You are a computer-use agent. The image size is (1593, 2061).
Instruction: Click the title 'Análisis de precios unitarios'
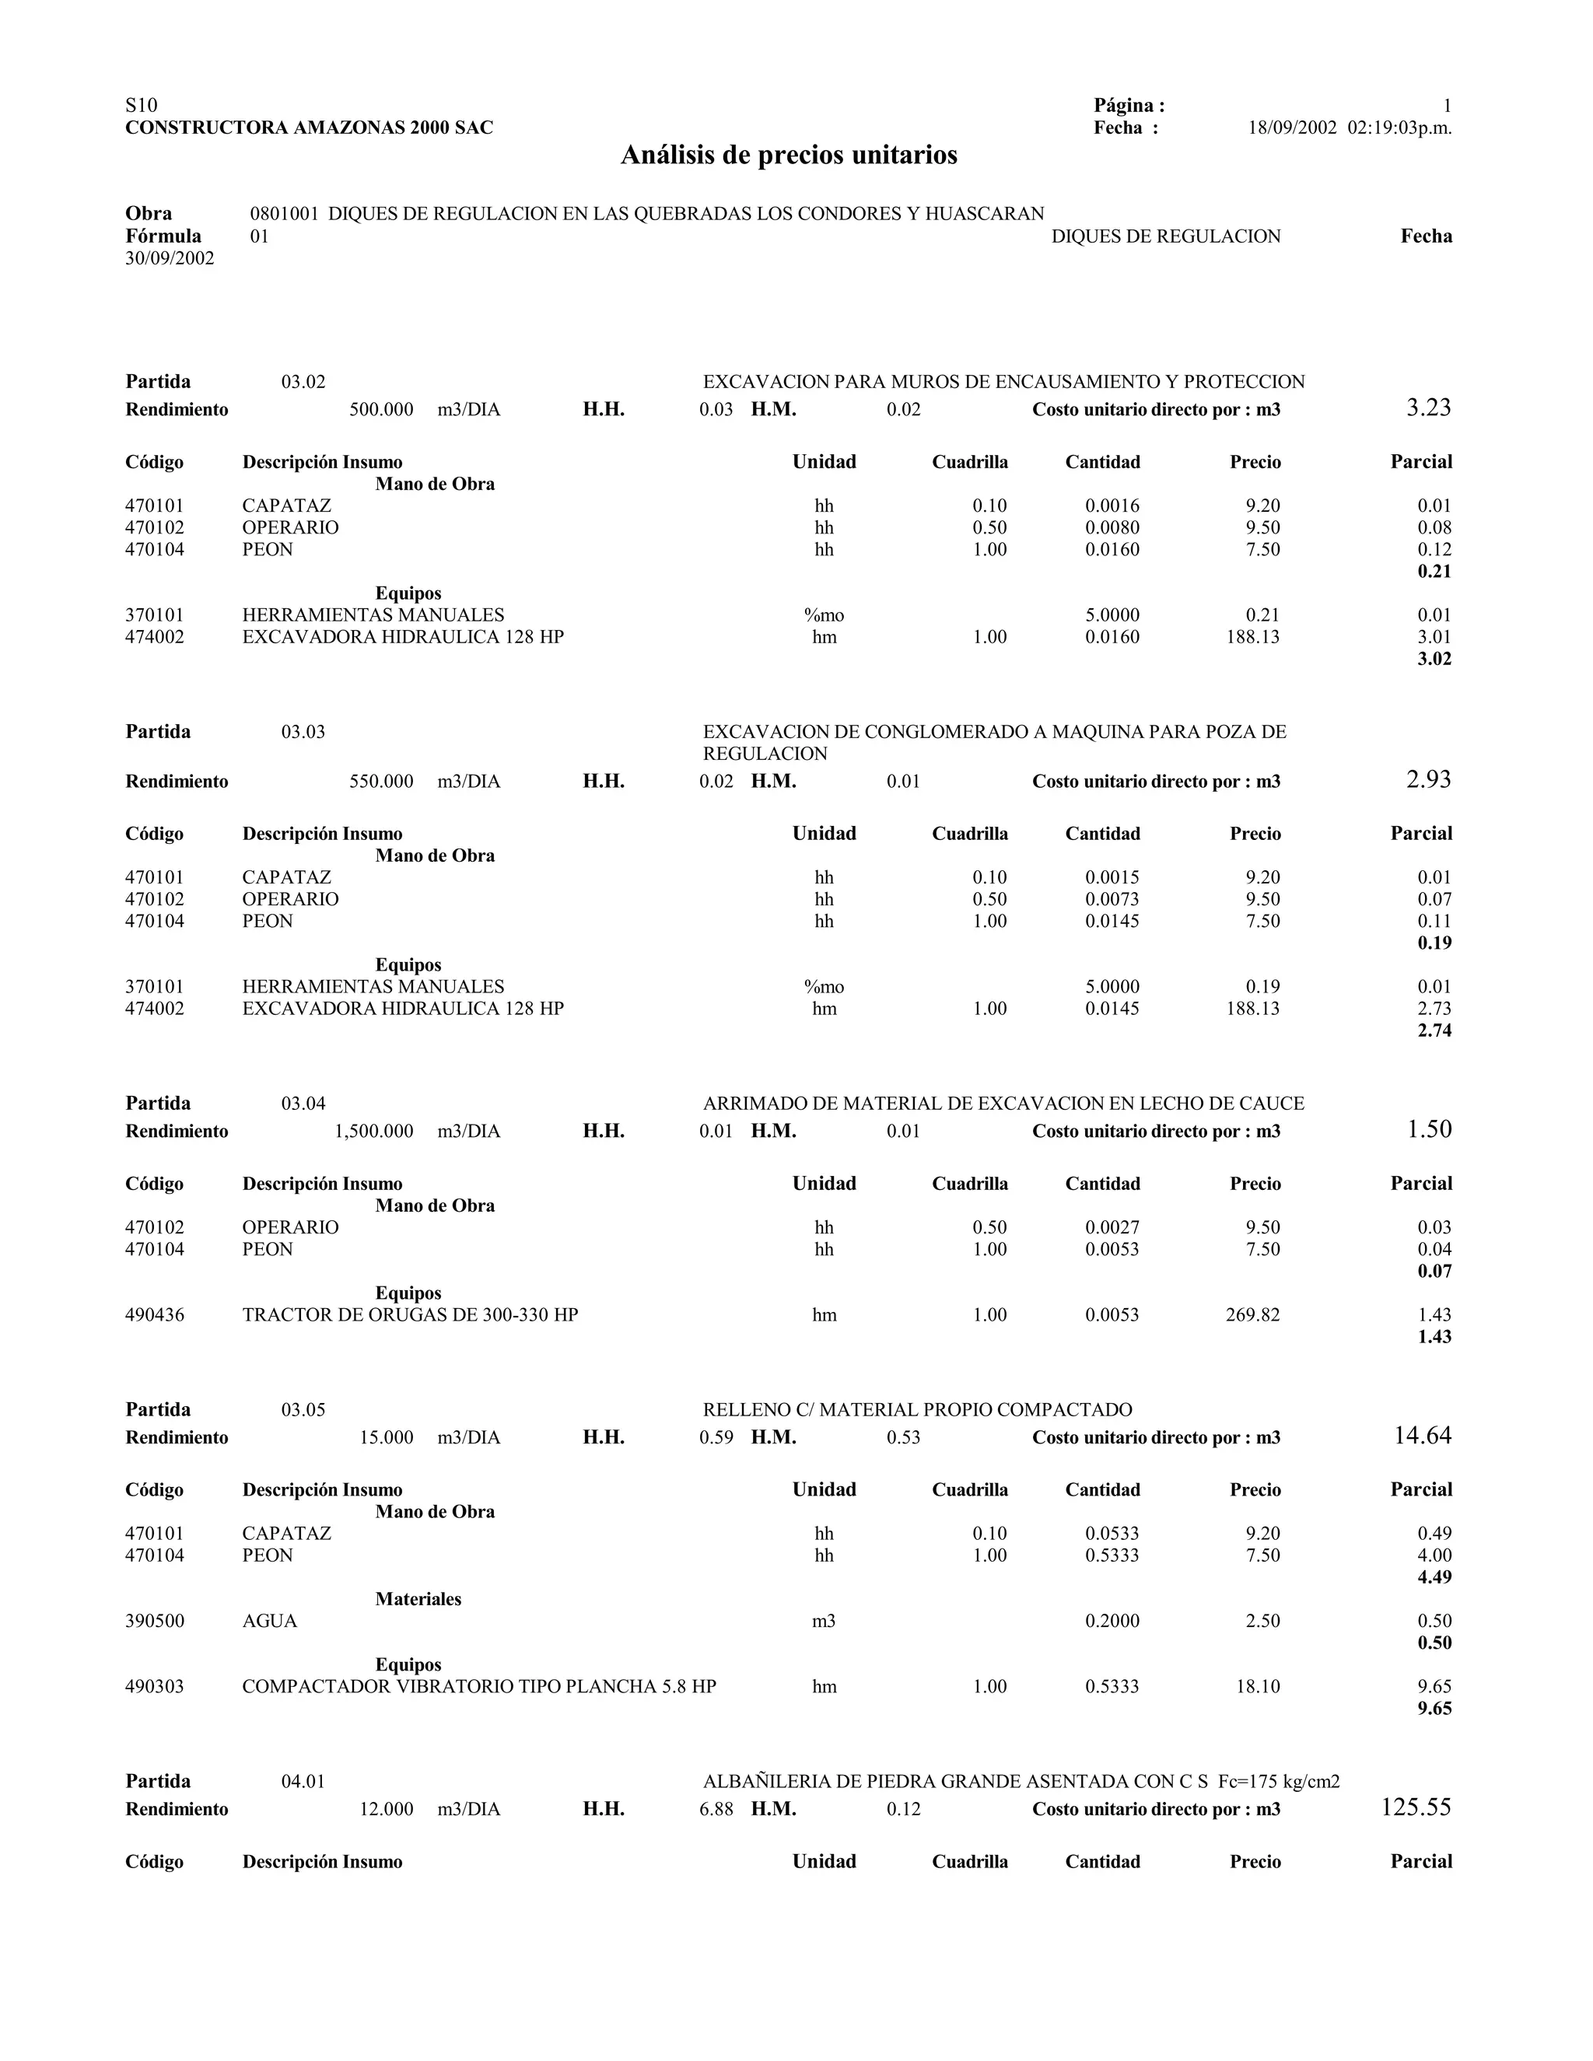tap(788, 156)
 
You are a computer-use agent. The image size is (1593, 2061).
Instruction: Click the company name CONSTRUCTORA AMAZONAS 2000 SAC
tap(309, 128)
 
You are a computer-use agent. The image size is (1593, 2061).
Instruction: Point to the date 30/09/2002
tap(170, 258)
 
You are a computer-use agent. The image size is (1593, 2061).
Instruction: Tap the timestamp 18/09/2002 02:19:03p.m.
tap(1350, 128)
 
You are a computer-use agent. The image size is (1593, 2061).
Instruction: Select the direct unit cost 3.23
tap(1428, 408)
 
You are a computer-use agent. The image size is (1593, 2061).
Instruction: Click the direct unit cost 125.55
tap(1416, 1807)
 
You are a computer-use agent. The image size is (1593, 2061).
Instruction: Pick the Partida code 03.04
tap(303, 1103)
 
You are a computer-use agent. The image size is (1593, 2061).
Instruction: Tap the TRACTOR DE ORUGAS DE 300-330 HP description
tap(410, 1314)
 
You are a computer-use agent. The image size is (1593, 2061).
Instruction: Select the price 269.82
tap(1252, 1314)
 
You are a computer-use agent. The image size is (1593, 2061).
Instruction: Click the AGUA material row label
tap(270, 1622)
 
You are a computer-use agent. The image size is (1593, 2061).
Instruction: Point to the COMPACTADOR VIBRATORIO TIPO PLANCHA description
tap(478, 1686)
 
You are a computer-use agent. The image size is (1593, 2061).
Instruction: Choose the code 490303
tap(155, 1686)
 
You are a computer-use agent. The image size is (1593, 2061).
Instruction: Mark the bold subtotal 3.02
tap(1434, 659)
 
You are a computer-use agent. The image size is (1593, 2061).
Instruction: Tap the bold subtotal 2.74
tap(1434, 1030)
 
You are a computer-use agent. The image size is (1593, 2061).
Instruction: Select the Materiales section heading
tap(418, 1598)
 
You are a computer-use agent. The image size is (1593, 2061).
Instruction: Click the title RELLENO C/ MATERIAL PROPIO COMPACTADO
tap(917, 1410)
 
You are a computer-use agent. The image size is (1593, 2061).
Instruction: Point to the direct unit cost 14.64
tap(1422, 1436)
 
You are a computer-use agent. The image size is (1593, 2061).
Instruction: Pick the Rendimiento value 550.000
tap(381, 782)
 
